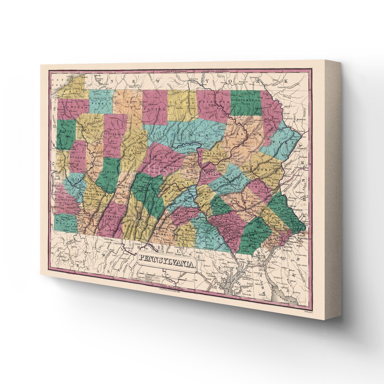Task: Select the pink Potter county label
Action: (x=155, y=106)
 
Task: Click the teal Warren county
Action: (x=101, y=101)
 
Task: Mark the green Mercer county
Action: (x=66, y=135)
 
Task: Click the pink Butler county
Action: (x=78, y=156)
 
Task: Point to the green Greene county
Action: (x=66, y=223)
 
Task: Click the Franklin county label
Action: (x=164, y=235)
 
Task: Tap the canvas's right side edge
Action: (x=333, y=188)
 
